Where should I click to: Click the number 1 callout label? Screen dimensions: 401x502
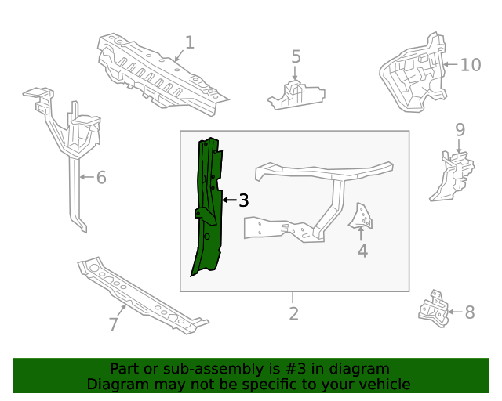coord(189,42)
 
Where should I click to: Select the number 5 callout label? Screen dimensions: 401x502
coord(296,56)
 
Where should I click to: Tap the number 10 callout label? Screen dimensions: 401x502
coord(470,64)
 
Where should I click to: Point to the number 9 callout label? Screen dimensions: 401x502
coord(460,130)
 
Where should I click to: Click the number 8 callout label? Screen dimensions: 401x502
coord(469,312)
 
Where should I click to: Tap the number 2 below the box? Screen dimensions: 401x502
coord(293,313)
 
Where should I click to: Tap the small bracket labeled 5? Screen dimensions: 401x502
coord(296,96)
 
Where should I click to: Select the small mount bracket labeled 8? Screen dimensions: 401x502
coord(434,307)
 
